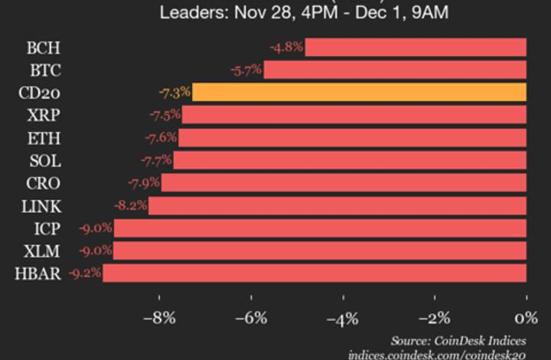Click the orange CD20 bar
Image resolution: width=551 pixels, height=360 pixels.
click(x=359, y=93)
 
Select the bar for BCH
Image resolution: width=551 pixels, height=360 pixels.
click(x=416, y=47)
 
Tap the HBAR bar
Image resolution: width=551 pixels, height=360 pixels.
click(x=315, y=273)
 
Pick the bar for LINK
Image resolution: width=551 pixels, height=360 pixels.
click(x=337, y=205)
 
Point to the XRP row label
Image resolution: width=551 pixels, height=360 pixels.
click(x=44, y=116)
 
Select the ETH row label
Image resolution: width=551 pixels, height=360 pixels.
click(x=44, y=138)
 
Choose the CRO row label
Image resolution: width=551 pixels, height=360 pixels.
click(x=44, y=183)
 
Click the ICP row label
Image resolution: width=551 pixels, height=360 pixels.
click(x=46, y=227)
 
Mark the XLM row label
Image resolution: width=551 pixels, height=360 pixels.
click(x=44, y=250)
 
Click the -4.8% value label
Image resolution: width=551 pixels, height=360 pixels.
click(x=287, y=47)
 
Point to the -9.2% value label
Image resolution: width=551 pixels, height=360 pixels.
click(x=85, y=273)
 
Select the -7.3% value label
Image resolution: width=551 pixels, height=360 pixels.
click(x=174, y=93)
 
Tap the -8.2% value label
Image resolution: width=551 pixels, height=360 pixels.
click(x=131, y=205)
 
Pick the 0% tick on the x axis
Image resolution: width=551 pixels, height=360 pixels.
click(x=525, y=317)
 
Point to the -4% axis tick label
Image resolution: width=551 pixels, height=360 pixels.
click(x=343, y=317)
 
